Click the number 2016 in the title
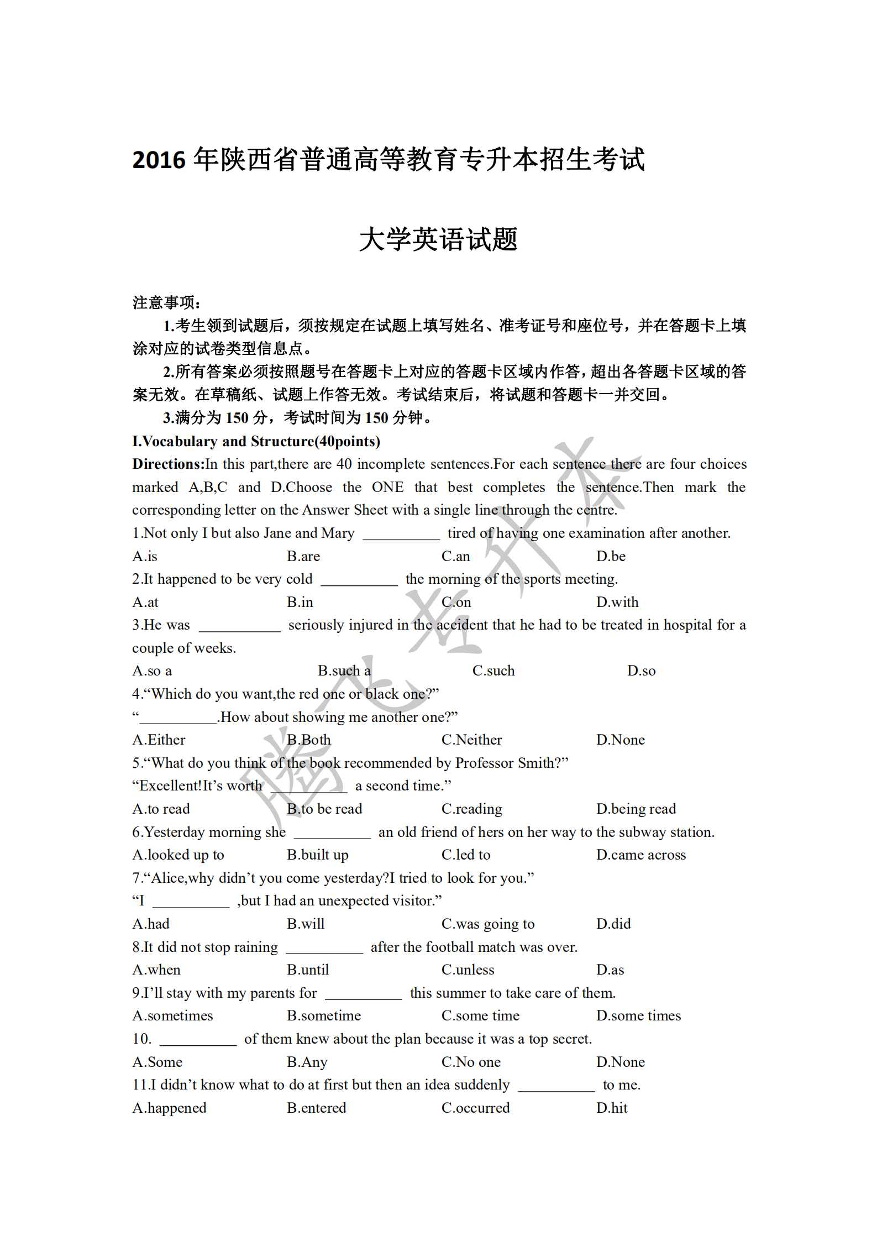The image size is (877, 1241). coord(159,160)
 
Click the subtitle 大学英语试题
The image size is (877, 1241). coord(438,239)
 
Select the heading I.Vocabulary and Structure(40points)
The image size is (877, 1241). coord(256,441)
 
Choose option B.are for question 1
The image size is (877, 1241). coord(303,556)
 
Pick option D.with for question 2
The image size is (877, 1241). coord(617,602)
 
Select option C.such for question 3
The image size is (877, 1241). coord(493,671)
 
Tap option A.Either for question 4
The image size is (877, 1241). coord(159,740)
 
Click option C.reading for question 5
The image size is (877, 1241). coord(471,809)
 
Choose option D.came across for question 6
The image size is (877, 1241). coord(640,855)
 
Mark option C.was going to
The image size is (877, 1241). coord(487,924)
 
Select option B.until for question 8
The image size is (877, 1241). coord(308,970)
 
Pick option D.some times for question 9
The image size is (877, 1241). coord(638,1015)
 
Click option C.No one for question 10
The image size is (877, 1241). coord(471,1062)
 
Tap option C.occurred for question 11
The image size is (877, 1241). coord(475,1108)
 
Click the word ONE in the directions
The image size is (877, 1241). coord(387,487)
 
